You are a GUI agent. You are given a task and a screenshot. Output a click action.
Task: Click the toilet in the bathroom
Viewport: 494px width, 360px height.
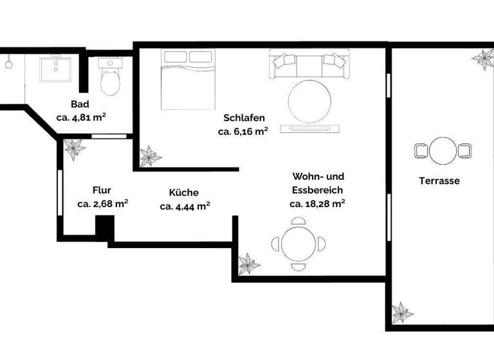pyautogui.click(x=110, y=77)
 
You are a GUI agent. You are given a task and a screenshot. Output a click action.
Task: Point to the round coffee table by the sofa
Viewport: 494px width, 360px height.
pyautogui.click(x=309, y=100)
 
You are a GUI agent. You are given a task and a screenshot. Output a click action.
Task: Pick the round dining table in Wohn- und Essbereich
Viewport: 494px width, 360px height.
pyautogui.click(x=298, y=244)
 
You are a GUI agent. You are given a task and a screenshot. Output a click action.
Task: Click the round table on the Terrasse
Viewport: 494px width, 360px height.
pyautogui.click(x=443, y=151)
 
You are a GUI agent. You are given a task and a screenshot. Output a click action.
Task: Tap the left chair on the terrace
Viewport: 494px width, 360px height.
pyautogui.click(x=421, y=151)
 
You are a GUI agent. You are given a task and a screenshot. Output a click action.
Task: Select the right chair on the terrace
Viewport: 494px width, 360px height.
pyautogui.click(x=464, y=151)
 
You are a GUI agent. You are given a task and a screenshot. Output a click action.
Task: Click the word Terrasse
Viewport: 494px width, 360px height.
pyautogui.click(x=439, y=181)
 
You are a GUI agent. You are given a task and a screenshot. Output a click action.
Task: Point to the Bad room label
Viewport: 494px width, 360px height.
pyautogui.click(x=80, y=104)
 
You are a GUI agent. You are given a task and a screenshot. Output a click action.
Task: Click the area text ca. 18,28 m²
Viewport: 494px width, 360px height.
pyautogui.click(x=317, y=204)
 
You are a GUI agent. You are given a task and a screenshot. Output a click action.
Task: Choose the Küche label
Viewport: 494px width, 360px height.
pyautogui.click(x=184, y=192)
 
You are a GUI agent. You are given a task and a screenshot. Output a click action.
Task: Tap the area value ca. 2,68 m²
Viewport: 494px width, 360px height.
pyautogui.click(x=102, y=204)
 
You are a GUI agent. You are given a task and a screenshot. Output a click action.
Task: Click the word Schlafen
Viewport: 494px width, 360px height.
pyautogui.click(x=244, y=118)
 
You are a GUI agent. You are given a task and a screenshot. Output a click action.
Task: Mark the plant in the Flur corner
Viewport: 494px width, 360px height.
pyautogui.click(x=74, y=148)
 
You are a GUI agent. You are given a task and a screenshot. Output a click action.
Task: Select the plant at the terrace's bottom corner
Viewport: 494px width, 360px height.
pyautogui.click(x=403, y=313)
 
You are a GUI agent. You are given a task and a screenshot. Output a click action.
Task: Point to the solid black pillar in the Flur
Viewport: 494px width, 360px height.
pyautogui.click(x=104, y=228)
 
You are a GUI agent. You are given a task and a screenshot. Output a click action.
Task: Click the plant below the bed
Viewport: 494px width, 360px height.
pyautogui.click(x=151, y=156)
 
